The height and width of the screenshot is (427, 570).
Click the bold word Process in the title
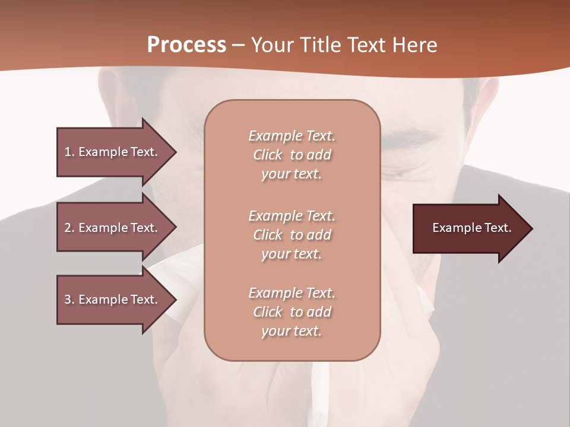[186, 45]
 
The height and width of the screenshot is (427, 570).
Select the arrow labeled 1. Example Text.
[113, 152]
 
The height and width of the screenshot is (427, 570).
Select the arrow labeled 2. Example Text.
[113, 228]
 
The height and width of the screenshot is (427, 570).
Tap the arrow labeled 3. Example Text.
[113, 299]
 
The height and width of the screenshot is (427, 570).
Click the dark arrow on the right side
[469, 228]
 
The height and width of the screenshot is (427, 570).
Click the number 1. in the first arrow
[69, 152]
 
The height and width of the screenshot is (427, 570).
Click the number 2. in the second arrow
[69, 228]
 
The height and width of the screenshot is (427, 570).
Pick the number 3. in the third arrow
[69, 299]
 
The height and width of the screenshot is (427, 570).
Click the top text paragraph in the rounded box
[292, 155]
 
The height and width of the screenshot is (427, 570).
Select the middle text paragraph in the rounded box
[292, 235]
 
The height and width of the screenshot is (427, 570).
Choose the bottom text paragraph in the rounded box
[292, 312]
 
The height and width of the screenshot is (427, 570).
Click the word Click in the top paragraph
[268, 155]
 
